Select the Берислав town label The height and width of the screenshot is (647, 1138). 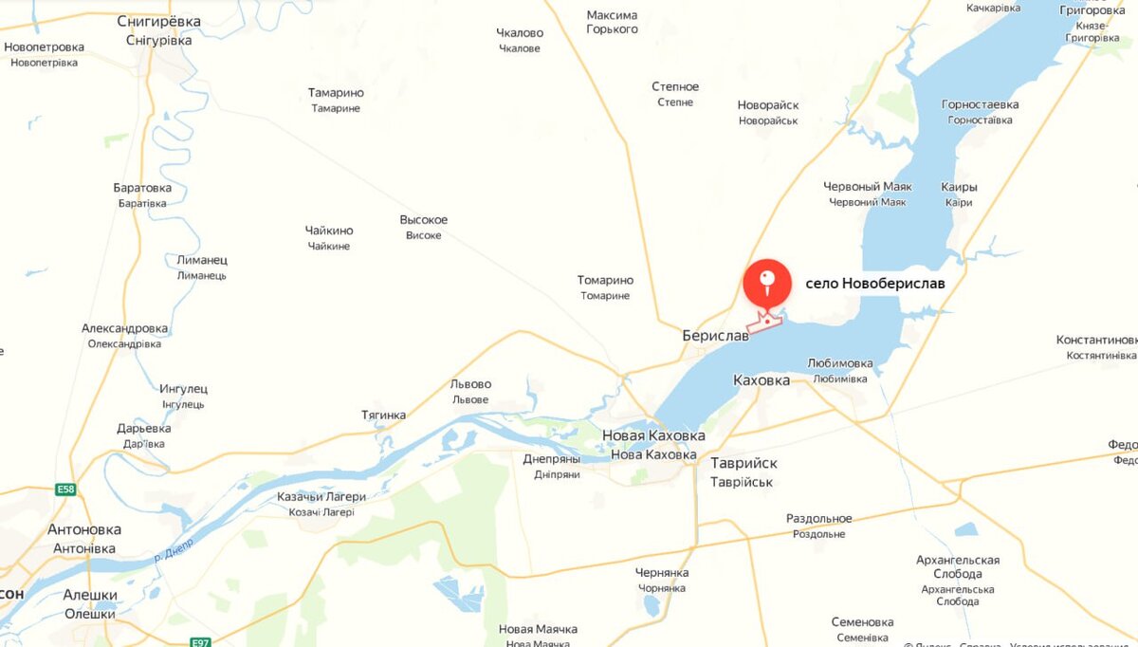(715, 336)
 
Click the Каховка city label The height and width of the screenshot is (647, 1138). (762, 379)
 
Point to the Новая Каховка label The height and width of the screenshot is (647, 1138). (654, 435)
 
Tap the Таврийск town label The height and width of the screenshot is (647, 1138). (743, 463)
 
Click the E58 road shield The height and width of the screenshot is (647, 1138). (64, 490)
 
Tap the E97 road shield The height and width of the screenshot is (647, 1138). (199, 642)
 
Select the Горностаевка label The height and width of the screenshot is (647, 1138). (980, 104)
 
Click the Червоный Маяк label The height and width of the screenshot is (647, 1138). (867, 187)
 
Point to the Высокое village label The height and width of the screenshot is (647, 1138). (423, 220)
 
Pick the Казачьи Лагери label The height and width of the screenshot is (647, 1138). (321, 496)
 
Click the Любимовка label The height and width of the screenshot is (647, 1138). (839, 363)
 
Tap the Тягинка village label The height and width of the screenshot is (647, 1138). (383, 415)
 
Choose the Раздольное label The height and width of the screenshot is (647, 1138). (818, 519)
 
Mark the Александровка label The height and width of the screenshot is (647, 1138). (124, 328)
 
